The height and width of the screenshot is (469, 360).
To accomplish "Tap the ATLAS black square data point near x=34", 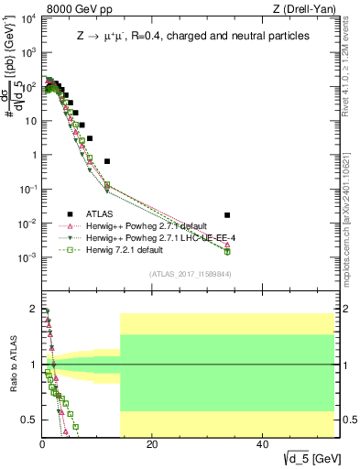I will (x=227, y=215).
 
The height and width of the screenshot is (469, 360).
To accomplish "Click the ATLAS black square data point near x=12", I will (x=107, y=161).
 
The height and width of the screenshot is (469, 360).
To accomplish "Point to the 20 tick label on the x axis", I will (x=152, y=446).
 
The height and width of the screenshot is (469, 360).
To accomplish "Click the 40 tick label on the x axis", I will (x=262, y=446).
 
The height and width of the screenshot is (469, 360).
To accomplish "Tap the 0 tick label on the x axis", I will (x=42, y=446).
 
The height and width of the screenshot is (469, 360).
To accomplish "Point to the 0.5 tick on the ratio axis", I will (x=29, y=420).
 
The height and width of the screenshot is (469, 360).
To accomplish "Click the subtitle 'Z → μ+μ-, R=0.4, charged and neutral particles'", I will (x=191, y=36).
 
